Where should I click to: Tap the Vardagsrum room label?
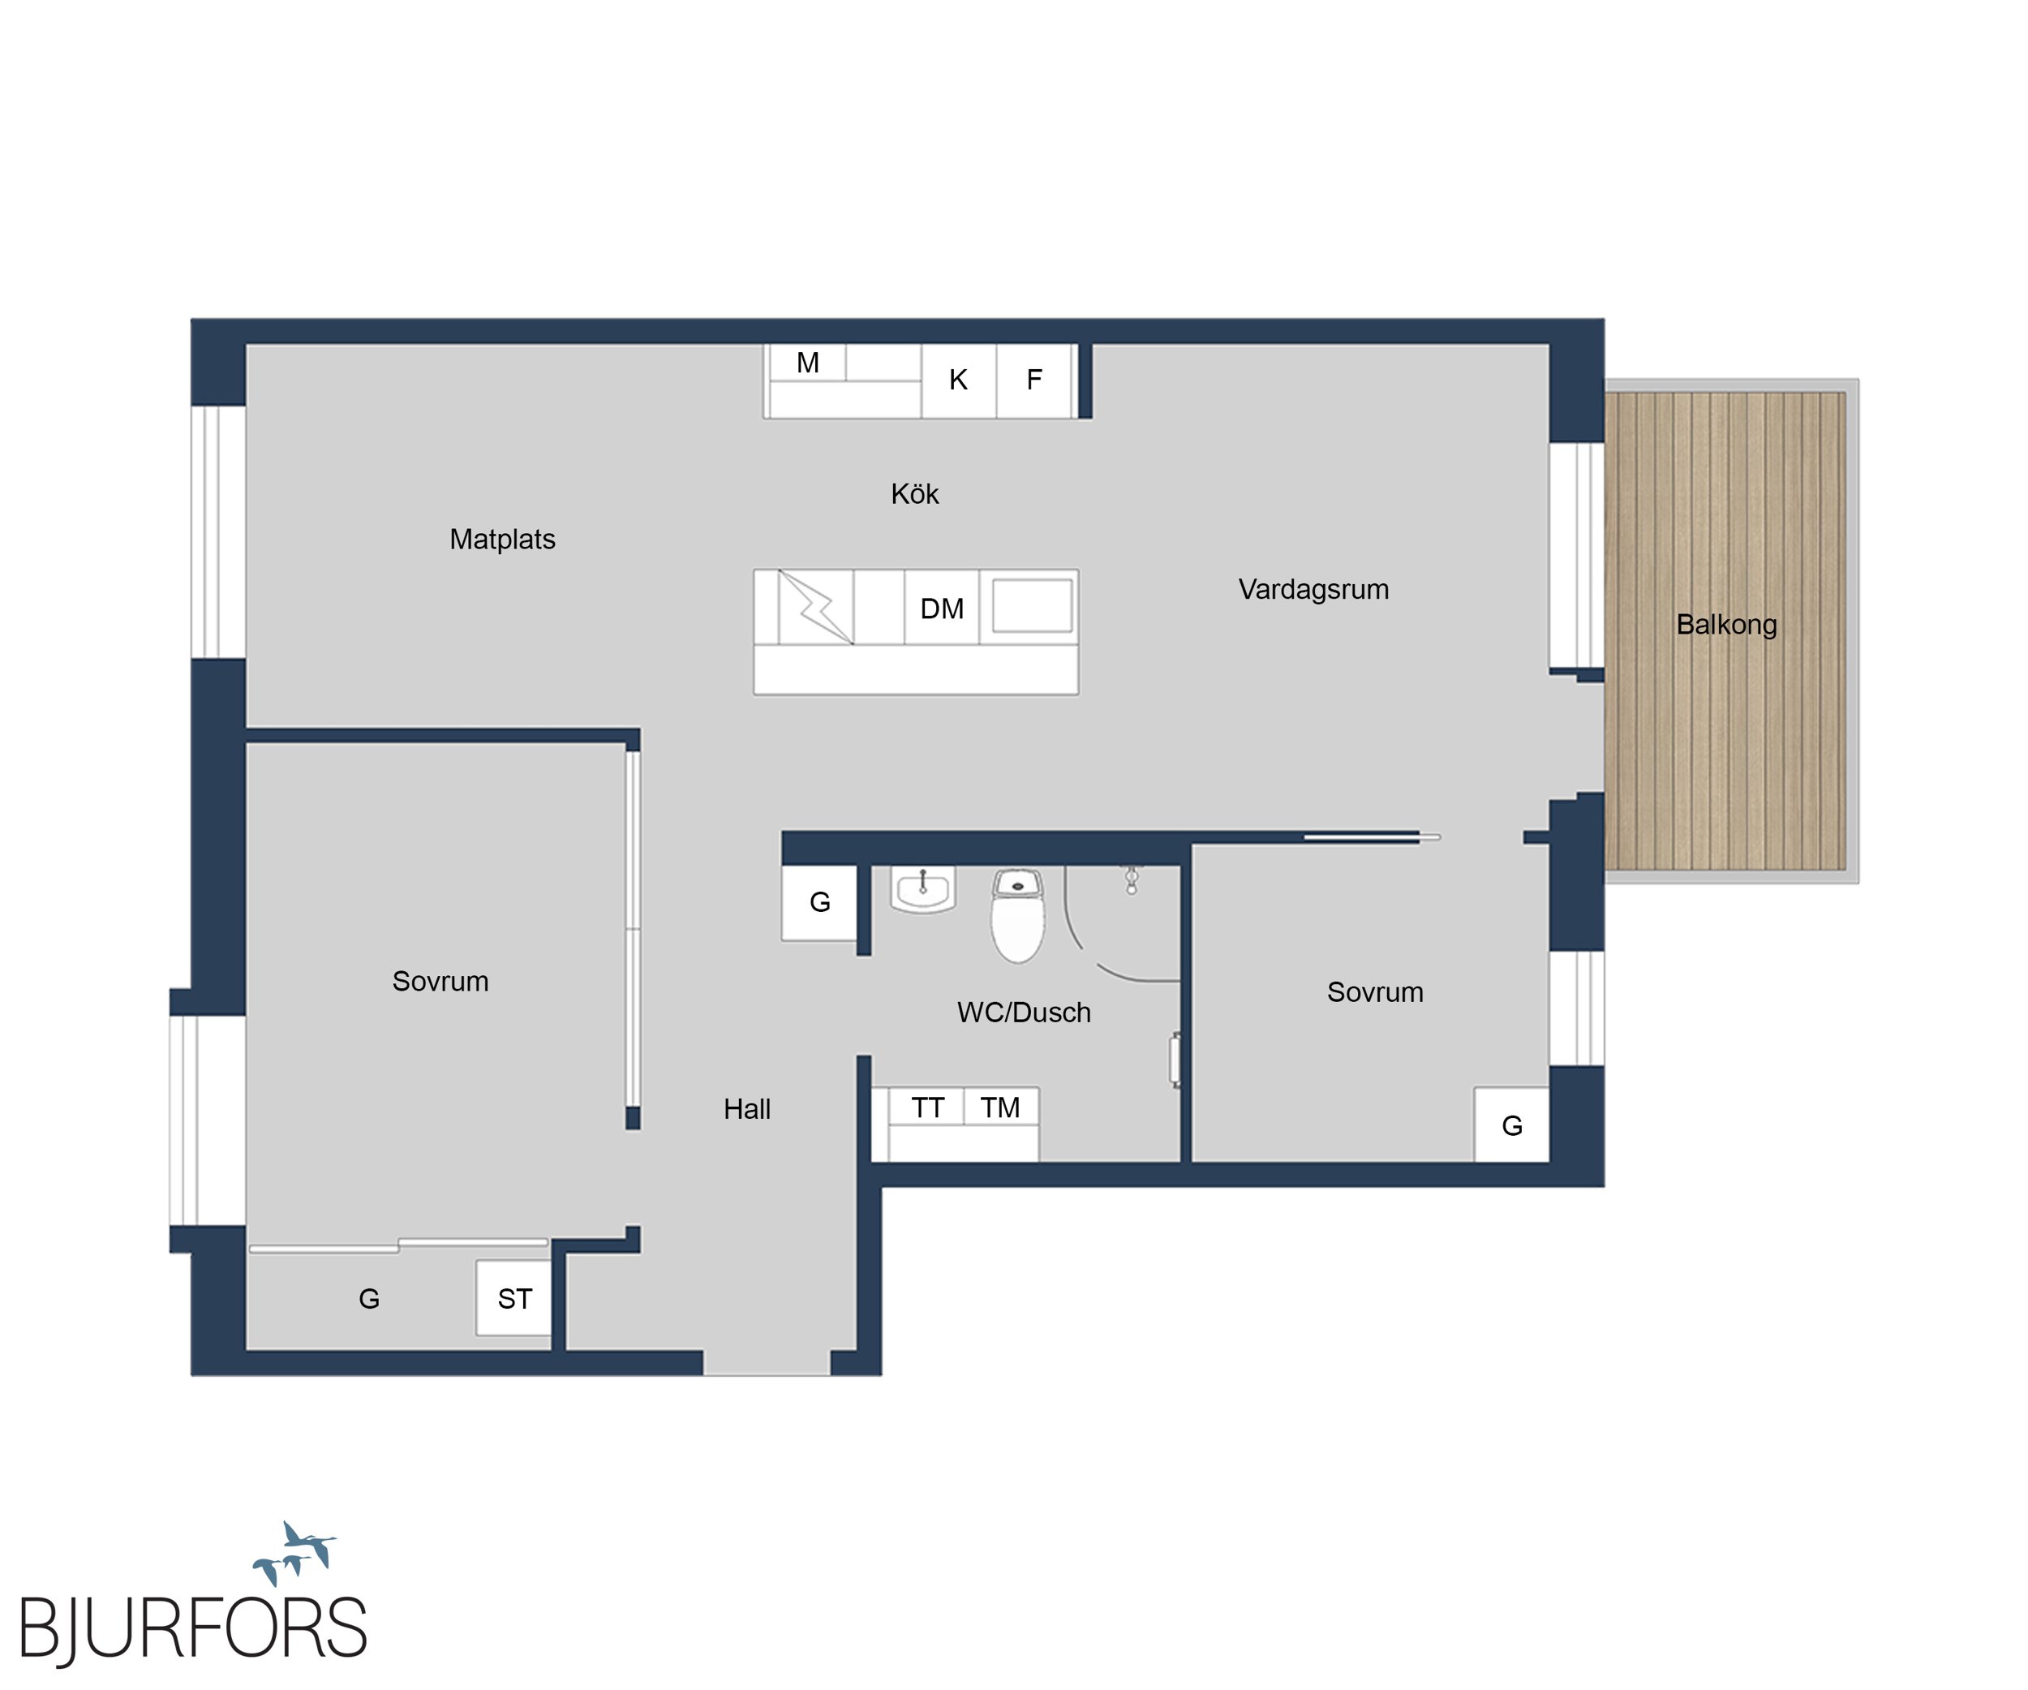click(x=1313, y=589)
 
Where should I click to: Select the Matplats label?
click(x=502, y=539)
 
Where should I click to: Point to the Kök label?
click(x=914, y=493)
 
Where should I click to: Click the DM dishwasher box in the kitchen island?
click(x=942, y=608)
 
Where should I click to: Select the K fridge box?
click(x=958, y=381)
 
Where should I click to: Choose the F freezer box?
click(x=1034, y=381)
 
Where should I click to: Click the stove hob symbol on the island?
click(x=816, y=608)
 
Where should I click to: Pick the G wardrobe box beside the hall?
click(x=819, y=902)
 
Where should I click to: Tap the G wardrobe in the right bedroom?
click(x=1511, y=1125)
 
